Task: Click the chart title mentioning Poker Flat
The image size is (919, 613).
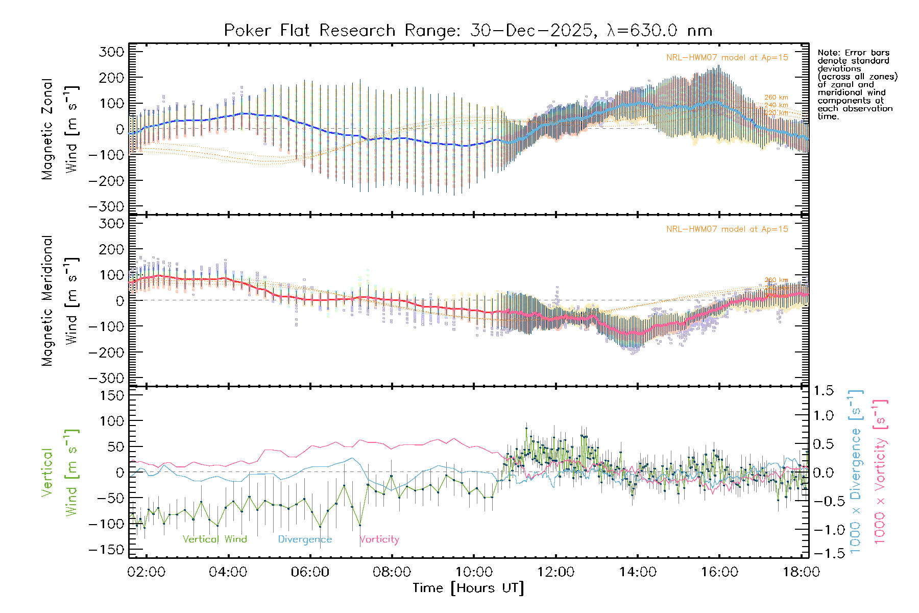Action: point(468,31)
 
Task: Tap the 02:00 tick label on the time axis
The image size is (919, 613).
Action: point(146,572)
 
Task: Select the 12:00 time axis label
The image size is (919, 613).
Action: point(555,572)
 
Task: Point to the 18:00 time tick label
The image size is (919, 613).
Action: point(801,572)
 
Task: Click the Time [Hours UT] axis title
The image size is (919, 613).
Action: point(468,588)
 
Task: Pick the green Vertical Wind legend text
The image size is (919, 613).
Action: point(214,539)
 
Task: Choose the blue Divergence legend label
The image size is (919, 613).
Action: point(305,539)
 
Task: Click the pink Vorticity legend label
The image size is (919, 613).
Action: point(379,539)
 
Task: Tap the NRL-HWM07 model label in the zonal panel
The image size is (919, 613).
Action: point(727,58)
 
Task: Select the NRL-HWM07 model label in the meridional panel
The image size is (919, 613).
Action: point(727,229)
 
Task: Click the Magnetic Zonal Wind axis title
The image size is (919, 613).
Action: point(60,129)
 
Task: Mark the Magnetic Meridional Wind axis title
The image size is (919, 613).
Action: point(60,300)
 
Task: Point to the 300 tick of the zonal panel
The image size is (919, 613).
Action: point(111,52)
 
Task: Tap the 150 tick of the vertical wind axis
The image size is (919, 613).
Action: point(111,395)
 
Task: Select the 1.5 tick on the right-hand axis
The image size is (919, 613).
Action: point(823,391)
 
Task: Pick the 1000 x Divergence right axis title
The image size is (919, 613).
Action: point(856,471)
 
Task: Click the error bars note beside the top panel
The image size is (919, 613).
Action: point(857,84)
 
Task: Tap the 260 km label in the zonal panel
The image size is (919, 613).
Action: point(776,98)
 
